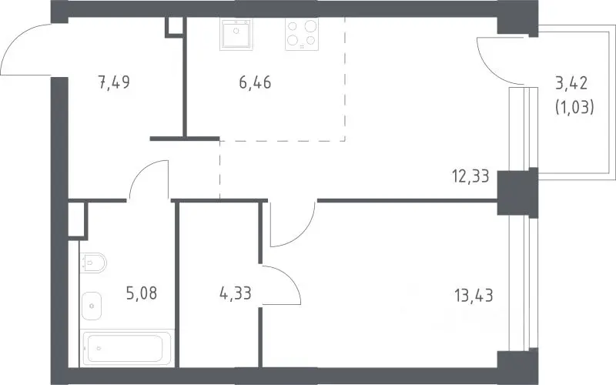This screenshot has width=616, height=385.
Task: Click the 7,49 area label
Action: click(114, 82)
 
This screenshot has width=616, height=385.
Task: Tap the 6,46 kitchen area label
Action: click(255, 82)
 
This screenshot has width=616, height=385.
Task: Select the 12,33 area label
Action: click(470, 176)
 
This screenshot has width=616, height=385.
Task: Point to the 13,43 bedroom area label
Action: click(474, 295)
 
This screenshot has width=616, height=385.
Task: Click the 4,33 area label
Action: click(236, 293)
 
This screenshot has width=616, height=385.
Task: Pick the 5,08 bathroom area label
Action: click(142, 293)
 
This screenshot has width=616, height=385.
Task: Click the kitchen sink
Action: click(236, 34)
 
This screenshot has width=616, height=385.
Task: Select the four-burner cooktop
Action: click(302, 35)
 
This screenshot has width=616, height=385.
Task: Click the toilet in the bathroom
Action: click(93, 263)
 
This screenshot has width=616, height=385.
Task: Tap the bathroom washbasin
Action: click(92, 306)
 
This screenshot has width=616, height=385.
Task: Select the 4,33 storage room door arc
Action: click(290, 277)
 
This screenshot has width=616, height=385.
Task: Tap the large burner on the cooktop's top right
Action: click(310, 26)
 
